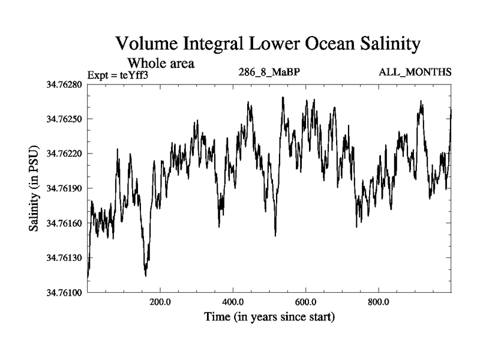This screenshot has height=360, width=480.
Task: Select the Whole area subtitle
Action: [x=161, y=62]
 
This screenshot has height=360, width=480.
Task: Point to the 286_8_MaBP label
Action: [x=268, y=73]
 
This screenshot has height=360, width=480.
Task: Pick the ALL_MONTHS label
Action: [x=415, y=73]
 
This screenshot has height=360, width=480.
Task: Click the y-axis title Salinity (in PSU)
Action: [x=35, y=188]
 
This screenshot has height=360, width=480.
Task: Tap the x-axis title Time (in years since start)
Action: [x=269, y=316]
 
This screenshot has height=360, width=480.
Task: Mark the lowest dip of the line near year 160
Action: [x=146, y=275]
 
